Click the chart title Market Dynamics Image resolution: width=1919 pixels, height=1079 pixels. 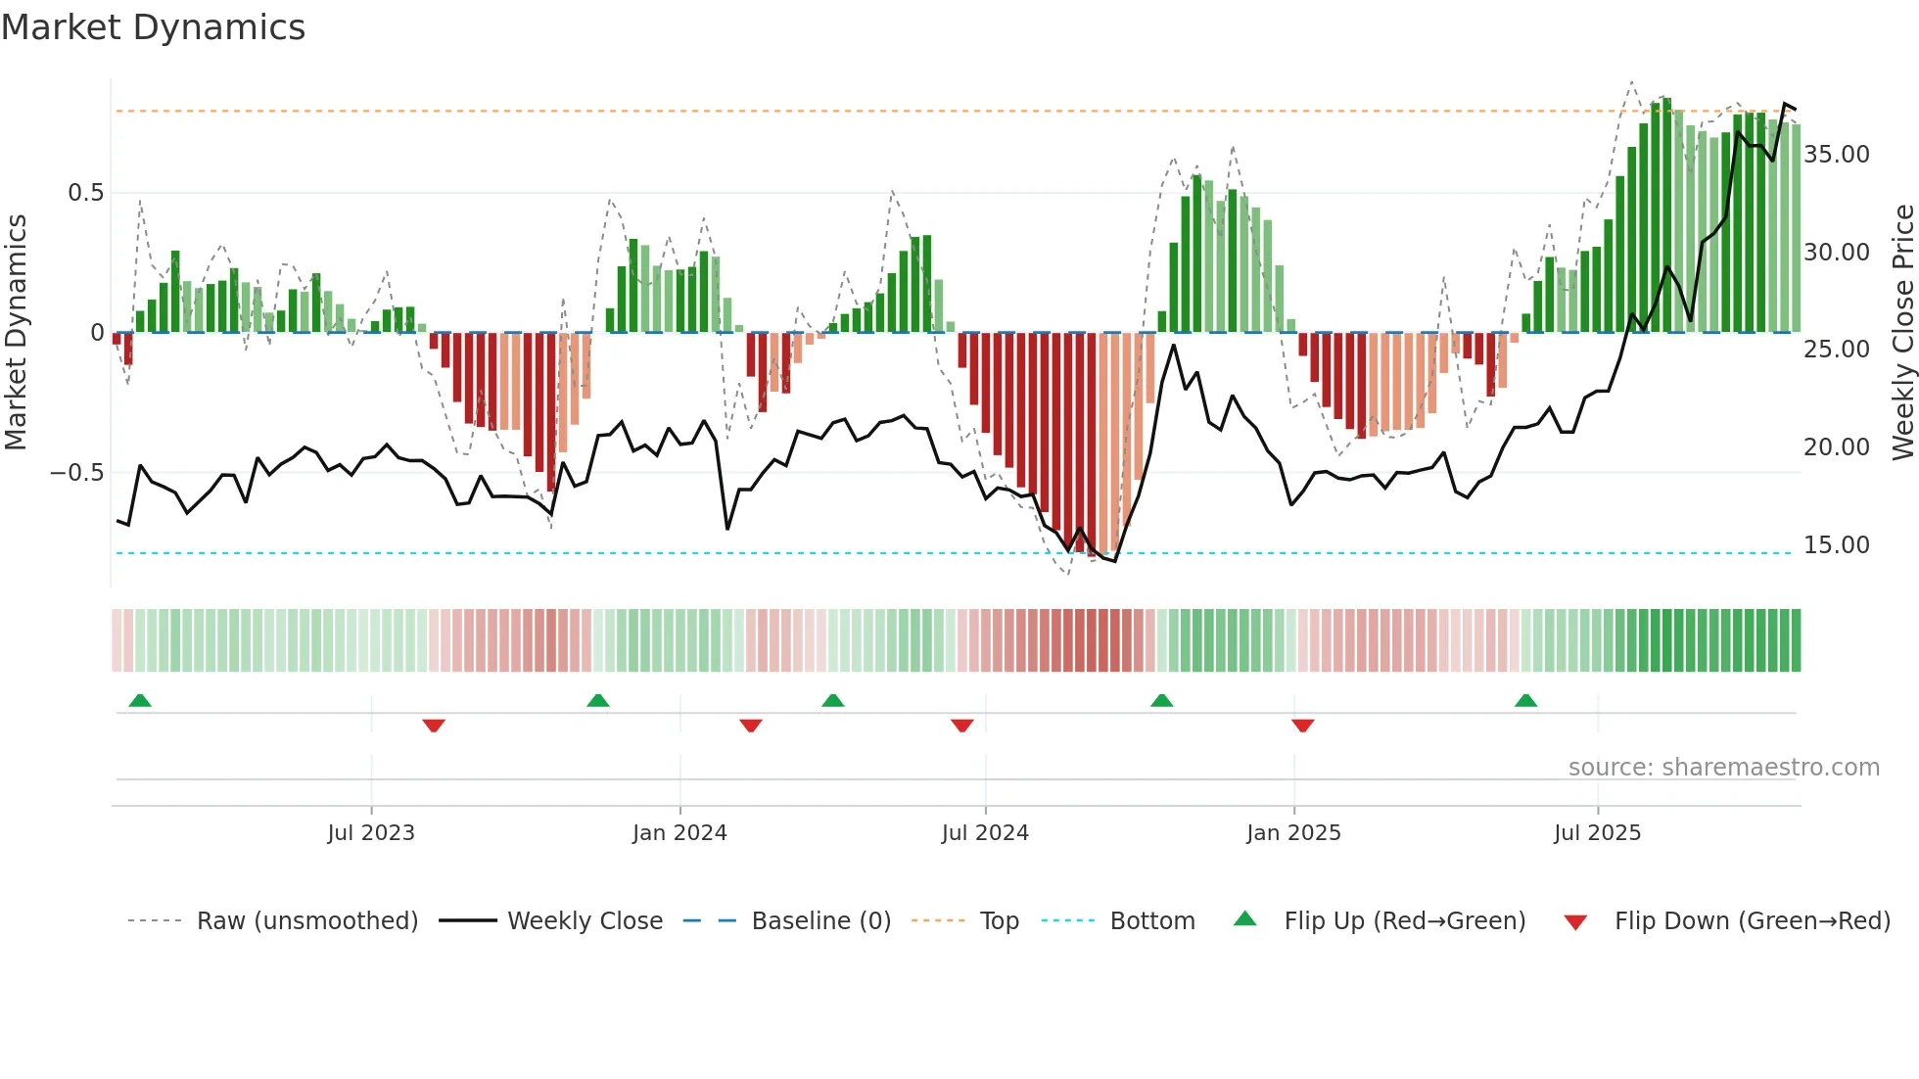click(153, 27)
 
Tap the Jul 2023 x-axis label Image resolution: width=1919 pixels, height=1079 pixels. click(371, 833)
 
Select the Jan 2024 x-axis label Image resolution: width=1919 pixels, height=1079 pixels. click(679, 833)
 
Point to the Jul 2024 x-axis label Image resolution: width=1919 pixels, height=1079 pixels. click(985, 833)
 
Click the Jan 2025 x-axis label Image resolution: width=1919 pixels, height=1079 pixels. click(1293, 833)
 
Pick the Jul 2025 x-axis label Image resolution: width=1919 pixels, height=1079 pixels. click(1597, 833)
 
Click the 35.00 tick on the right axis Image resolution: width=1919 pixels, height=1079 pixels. click(1836, 155)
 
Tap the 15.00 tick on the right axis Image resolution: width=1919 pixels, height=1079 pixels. click(1836, 545)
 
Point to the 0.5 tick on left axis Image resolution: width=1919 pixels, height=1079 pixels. click(86, 193)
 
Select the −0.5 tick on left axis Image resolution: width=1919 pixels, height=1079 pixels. click(77, 473)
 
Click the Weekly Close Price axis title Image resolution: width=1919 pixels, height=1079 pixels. click(1902, 332)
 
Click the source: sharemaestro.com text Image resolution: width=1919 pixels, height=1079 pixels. click(1723, 768)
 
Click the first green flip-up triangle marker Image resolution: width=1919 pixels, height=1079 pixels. click(140, 700)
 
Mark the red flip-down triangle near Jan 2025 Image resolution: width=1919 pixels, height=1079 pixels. click(1302, 726)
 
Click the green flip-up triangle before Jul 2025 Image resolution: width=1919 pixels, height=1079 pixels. click(1525, 700)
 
